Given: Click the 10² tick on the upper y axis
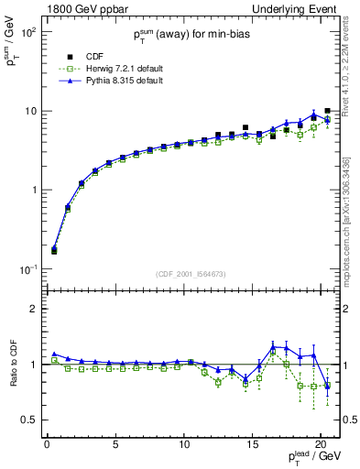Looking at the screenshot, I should point(29,31).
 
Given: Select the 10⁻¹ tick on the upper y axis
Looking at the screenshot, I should point(29,269).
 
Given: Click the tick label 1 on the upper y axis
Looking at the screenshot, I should point(35,191).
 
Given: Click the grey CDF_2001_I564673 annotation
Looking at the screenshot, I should point(193,273).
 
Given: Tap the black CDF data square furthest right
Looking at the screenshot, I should point(327,111).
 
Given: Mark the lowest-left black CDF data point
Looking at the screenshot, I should point(54,250).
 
